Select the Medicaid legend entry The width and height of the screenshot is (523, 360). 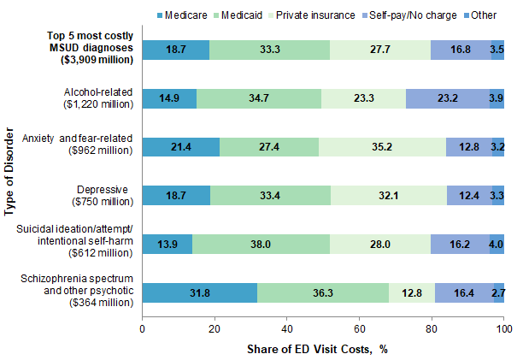250,14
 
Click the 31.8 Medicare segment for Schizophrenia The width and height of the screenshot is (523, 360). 199,292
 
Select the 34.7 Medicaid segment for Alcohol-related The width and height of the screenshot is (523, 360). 258,99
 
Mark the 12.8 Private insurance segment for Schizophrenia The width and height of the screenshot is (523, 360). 412,292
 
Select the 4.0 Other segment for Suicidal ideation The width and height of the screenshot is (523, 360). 497,244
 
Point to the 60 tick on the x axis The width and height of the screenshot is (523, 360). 359,327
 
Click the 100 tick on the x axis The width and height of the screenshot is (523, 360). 503,327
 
